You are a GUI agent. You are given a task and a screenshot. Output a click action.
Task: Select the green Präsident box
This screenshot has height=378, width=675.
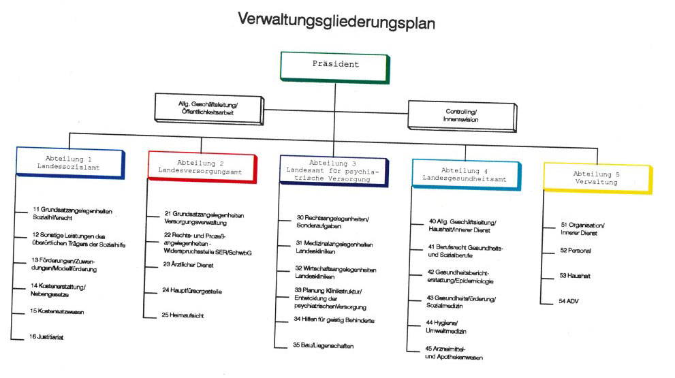point(334,66)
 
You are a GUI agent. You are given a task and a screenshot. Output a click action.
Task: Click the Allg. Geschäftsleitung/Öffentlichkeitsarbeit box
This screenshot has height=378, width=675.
point(207,107)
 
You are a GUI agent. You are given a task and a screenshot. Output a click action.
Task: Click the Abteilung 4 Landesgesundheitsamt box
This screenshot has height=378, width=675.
point(465,172)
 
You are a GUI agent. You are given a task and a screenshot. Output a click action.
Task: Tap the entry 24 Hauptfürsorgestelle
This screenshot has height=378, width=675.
point(192,291)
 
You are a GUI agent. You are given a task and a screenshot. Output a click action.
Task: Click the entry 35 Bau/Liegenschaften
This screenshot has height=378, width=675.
point(324,345)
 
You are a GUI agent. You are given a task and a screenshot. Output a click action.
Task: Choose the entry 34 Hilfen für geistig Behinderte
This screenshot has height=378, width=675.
point(334,319)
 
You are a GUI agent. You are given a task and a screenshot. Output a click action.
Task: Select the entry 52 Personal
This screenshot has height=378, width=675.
point(576,250)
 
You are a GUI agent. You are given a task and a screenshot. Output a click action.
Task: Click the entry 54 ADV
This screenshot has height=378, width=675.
point(570,300)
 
